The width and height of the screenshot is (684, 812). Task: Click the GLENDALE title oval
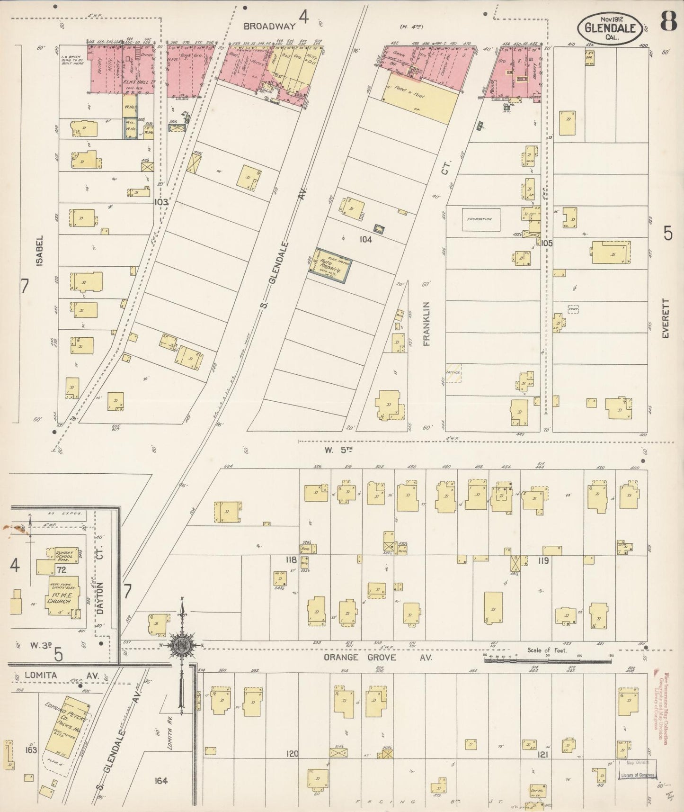click(610, 27)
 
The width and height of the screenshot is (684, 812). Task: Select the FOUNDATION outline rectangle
click(480, 219)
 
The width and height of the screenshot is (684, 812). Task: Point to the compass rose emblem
click(181, 645)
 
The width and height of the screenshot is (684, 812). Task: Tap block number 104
click(365, 240)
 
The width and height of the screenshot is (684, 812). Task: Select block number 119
click(542, 561)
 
